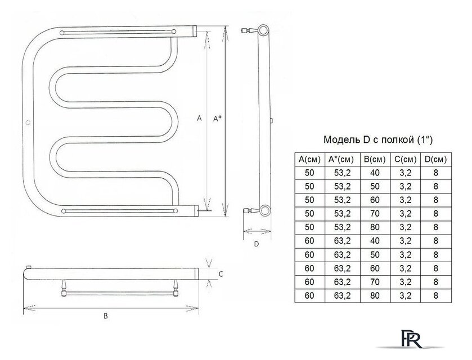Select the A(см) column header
click(x=309, y=159)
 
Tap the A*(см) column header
click(x=343, y=159)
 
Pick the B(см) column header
click(x=375, y=159)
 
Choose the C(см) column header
click(x=406, y=159)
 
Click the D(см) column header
click(x=435, y=159)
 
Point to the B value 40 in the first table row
click(x=375, y=173)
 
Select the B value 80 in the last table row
click(x=375, y=295)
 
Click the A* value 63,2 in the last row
click(x=343, y=295)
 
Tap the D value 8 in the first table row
click(x=435, y=173)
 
